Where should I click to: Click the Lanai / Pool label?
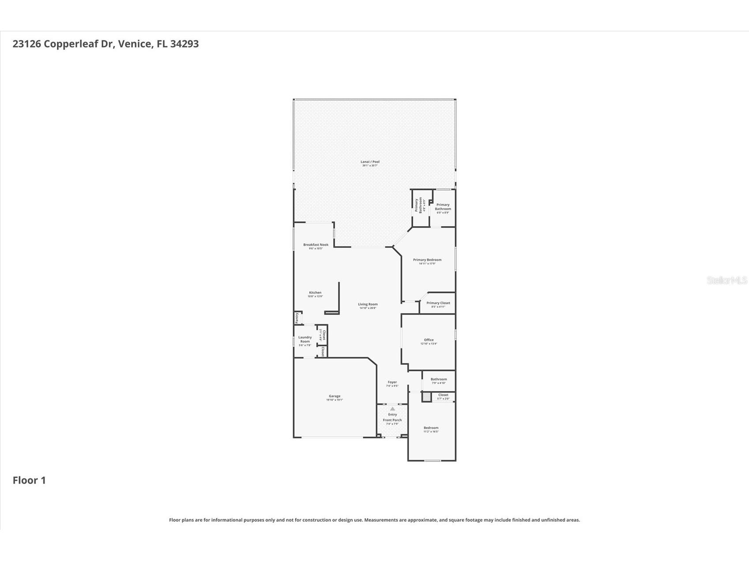click(370, 162)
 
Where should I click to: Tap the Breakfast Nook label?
click(316, 245)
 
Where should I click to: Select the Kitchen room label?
click(315, 293)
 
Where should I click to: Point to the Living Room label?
click(368, 304)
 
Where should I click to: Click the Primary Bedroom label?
click(427, 260)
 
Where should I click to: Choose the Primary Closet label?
click(438, 303)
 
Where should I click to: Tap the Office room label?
click(429, 340)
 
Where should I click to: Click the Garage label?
click(335, 396)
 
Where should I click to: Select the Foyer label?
click(392, 382)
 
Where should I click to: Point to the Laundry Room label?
click(305, 340)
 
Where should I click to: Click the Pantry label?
click(297, 317)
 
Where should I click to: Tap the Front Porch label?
click(392, 420)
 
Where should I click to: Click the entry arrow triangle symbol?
click(392, 409)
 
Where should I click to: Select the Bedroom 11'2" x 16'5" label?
click(431, 428)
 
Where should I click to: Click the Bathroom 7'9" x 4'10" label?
click(439, 379)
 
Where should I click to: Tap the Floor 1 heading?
click(29, 480)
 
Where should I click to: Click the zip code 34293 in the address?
click(184, 44)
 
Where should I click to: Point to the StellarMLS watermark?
click(726, 280)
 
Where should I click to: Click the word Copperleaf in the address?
click(78, 44)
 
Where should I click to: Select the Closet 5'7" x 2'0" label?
click(443, 395)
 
